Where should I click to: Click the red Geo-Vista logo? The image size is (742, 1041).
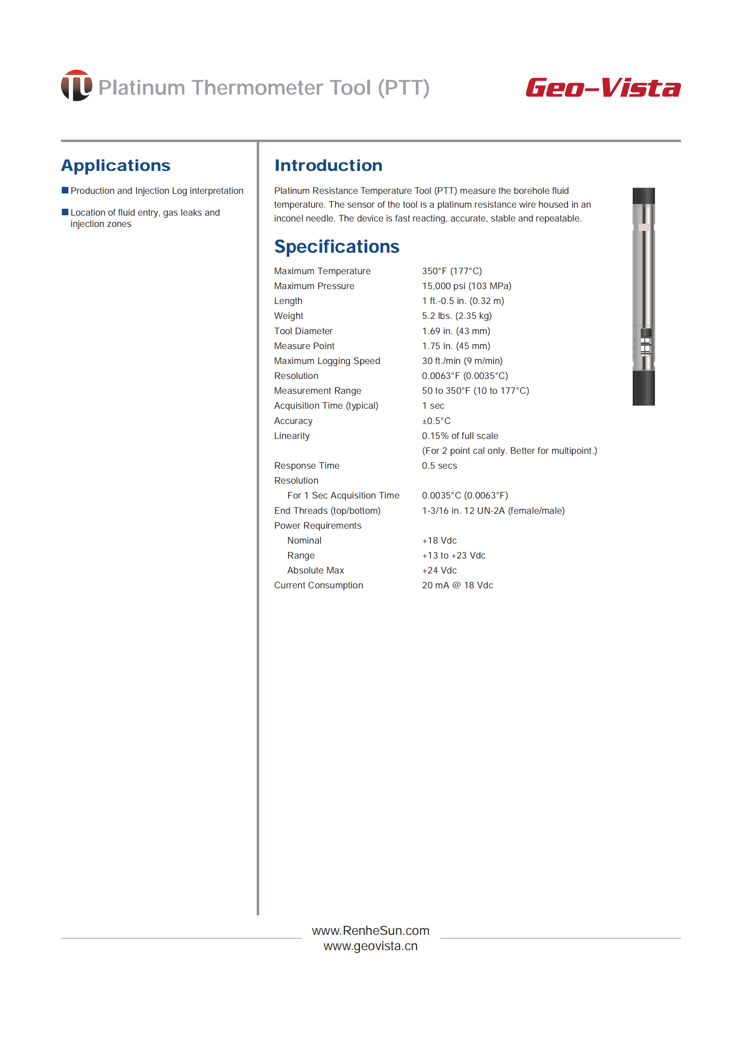tap(603, 87)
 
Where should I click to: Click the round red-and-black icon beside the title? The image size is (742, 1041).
tap(76, 85)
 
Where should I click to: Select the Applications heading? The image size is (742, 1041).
tap(116, 165)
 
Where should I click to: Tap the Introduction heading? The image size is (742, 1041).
tap(328, 165)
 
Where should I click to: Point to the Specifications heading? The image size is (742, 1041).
tap(336, 247)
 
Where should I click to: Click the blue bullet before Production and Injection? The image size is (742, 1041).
tap(65, 190)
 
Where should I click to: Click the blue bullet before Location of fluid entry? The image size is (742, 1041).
tap(65, 212)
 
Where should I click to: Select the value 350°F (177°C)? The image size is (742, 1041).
tap(452, 271)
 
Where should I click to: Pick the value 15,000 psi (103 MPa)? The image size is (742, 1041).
tap(466, 286)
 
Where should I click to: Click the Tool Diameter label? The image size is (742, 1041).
tap(303, 331)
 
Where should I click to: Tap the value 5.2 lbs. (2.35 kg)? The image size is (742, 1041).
tap(457, 316)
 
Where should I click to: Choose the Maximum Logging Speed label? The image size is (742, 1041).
tap(327, 361)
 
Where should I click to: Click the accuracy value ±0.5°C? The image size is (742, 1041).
tap(436, 421)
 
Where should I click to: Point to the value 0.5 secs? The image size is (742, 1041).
tap(439, 466)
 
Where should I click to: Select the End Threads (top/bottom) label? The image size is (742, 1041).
tap(327, 511)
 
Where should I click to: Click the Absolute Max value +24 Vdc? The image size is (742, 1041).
tap(439, 570)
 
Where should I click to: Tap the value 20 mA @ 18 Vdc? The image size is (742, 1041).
tap(457, 585)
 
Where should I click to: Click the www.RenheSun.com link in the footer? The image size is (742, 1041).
tap(370, 930)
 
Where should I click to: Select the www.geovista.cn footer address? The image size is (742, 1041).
tap(370, 946)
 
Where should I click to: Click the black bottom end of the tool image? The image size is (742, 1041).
tap(643, 388)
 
